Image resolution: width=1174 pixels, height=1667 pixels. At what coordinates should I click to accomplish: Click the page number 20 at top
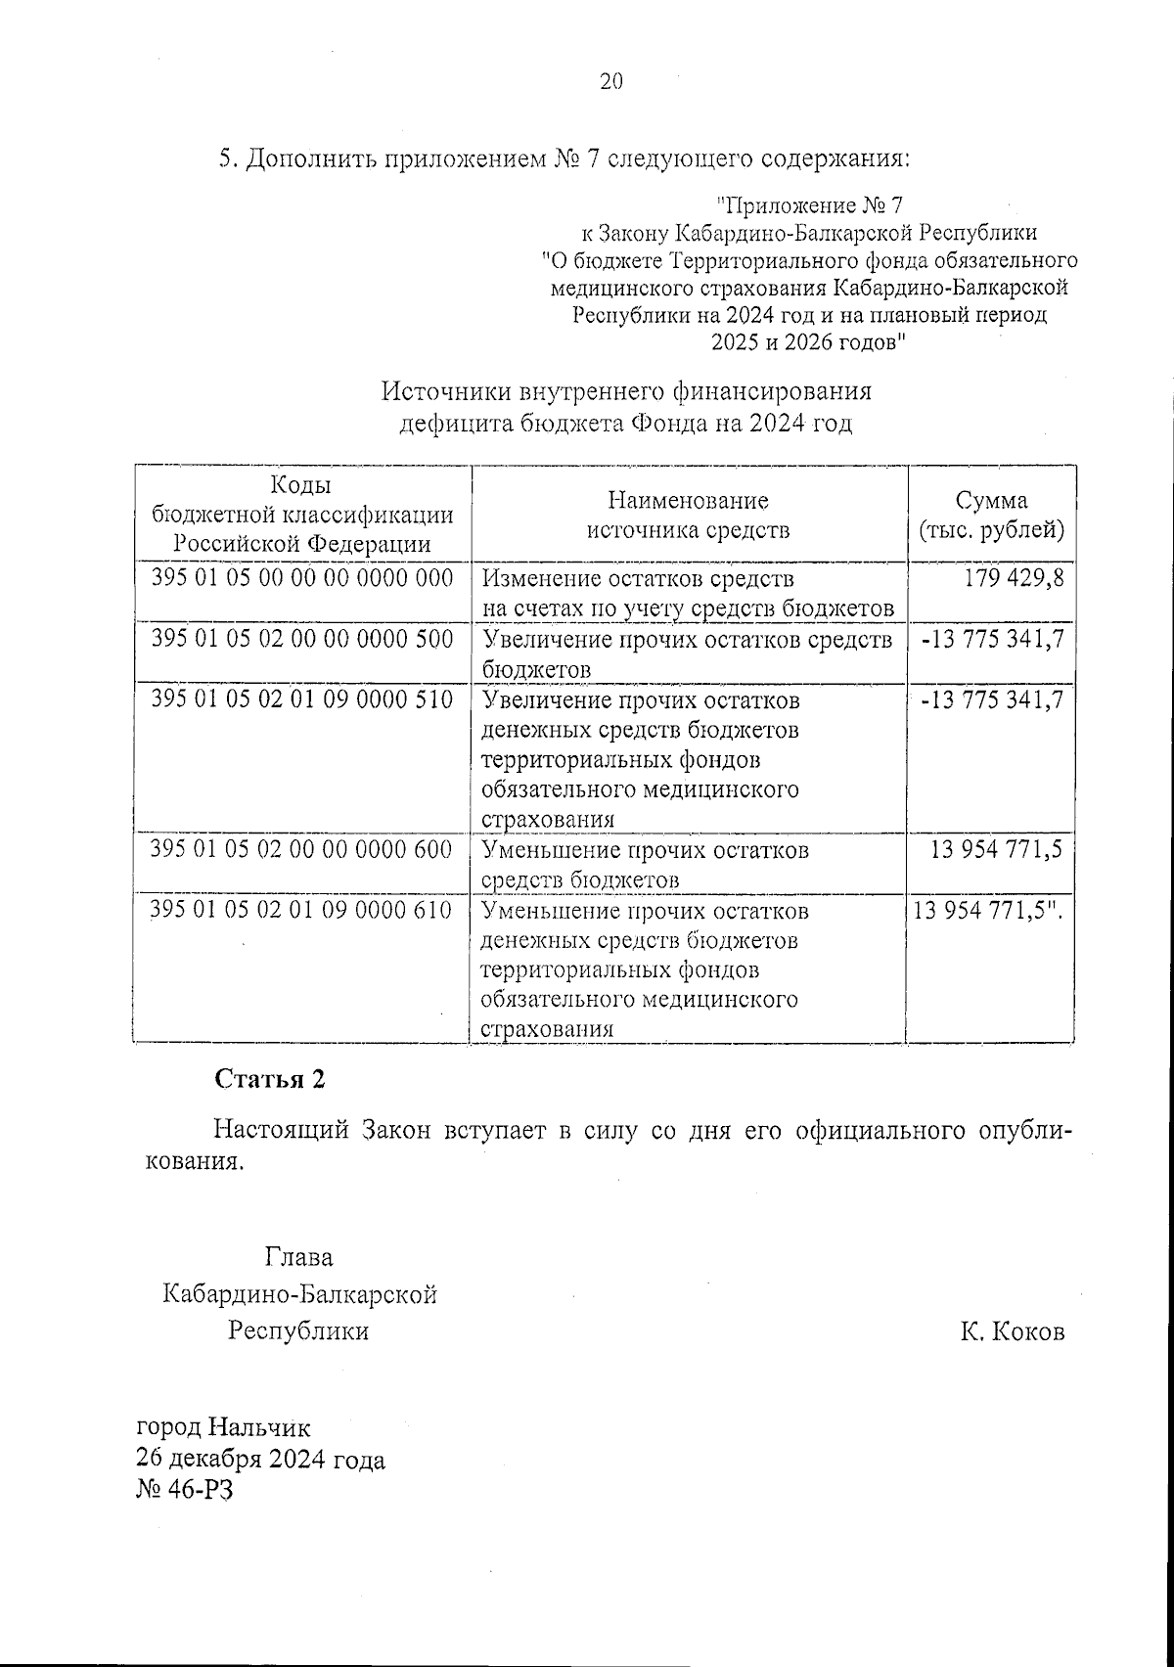point(610,82)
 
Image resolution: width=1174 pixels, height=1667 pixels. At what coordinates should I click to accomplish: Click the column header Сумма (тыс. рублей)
point(991,516)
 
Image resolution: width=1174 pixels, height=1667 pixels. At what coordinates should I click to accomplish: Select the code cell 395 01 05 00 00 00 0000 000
point(302,578)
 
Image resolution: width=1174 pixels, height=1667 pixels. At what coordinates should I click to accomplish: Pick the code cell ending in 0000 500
point(302,639)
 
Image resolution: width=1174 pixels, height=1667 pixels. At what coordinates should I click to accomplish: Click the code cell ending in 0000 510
point(302,699)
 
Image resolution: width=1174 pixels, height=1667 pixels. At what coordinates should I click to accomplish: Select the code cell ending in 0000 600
point(302,849)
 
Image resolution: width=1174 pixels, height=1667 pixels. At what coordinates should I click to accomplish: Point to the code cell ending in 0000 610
point(302,910)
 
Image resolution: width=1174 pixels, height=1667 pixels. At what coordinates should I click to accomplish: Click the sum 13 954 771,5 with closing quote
point(988,911)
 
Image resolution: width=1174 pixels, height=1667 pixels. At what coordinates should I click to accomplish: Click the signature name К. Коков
point(1012,1331)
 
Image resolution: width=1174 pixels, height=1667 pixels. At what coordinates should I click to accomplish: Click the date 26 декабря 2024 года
point(260,1460)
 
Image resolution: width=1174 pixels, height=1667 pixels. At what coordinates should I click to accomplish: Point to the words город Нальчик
point(223,1428)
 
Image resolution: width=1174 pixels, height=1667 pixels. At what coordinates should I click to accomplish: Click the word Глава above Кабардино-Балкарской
point(298,1257)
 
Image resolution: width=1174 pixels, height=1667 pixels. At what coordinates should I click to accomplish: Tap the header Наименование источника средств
point(688,516)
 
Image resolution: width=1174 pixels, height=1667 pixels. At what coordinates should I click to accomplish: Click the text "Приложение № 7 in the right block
point(809,205)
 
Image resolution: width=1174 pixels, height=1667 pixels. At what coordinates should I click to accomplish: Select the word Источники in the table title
point(443,392)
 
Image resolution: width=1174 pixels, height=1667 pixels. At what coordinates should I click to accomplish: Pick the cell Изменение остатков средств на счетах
point(688,594)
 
